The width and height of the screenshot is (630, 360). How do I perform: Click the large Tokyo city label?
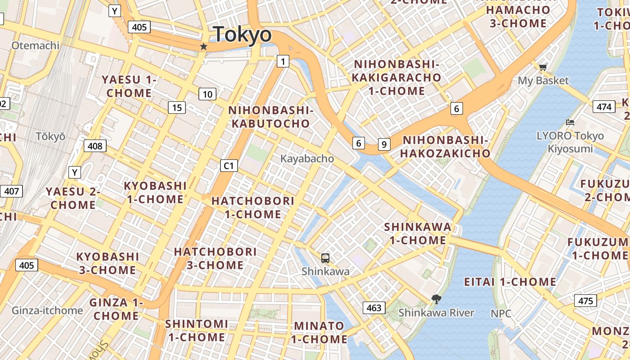(243, 35)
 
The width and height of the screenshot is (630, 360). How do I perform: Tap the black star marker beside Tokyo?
(204, 46)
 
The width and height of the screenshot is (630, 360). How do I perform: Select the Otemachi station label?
(36, 45)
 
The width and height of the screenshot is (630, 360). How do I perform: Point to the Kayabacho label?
(307, 159)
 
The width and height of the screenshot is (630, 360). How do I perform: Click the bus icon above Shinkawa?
(325, 258)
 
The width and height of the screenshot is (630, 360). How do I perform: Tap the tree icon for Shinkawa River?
(436, 299)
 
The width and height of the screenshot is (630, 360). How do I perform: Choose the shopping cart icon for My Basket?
(543, 67)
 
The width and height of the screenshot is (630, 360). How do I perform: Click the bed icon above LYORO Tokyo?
(570, 122)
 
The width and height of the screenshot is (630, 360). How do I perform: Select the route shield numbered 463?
(374, 308)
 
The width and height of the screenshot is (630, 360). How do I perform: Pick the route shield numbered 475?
(585, 301)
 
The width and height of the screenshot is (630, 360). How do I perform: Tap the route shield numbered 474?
(604, 107)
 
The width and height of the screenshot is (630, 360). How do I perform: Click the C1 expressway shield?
(229, 166)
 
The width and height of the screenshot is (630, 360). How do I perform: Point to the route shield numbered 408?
(95, 146)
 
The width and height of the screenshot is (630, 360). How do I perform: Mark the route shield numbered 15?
(177, 108)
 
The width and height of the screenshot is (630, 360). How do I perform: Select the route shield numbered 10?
(207, 94)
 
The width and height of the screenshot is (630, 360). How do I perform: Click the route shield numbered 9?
(384, 144)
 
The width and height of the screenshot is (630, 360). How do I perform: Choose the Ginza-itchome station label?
(47, 310)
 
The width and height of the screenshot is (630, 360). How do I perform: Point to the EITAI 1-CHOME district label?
(510, 282)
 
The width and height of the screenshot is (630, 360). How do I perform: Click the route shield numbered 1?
(283, 61)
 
